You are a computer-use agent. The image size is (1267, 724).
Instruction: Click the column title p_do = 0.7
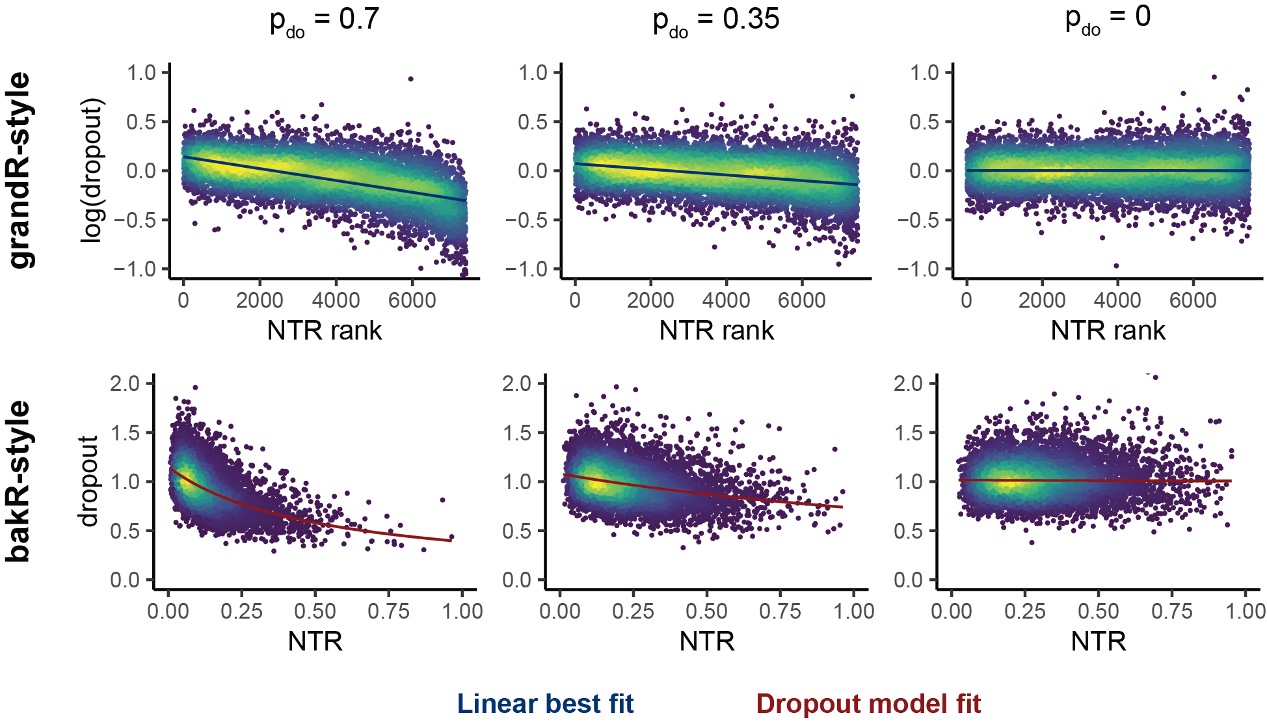pos(324,20)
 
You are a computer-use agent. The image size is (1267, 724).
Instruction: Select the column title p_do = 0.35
pos(715,20)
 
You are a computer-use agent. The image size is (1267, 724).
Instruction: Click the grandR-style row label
pos(21,170)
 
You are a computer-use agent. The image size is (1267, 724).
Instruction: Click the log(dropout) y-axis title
pos(92,170)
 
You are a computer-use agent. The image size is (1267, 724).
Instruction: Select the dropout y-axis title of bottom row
pos(88,481)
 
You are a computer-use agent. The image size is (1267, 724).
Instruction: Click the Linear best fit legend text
pos(545,704)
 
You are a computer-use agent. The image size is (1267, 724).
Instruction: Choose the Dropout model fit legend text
pos(868,704)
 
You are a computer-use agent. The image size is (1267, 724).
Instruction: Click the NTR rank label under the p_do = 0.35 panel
pos(716,330)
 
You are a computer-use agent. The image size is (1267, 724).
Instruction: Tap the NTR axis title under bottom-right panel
pos(1099,641)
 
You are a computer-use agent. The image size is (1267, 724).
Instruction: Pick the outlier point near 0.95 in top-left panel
pos(410,79)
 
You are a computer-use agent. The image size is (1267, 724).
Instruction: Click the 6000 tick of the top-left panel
pos(412,301)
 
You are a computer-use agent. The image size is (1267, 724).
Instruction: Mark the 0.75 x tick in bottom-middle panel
pos(780,611)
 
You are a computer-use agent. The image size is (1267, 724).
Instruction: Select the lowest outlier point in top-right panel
pos(1116,265)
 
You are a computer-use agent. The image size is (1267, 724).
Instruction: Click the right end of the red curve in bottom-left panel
pos(451,541)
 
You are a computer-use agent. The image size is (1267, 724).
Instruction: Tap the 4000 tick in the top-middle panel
pos(726,301)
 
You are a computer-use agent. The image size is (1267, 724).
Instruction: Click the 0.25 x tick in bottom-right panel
pos(1024,611)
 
